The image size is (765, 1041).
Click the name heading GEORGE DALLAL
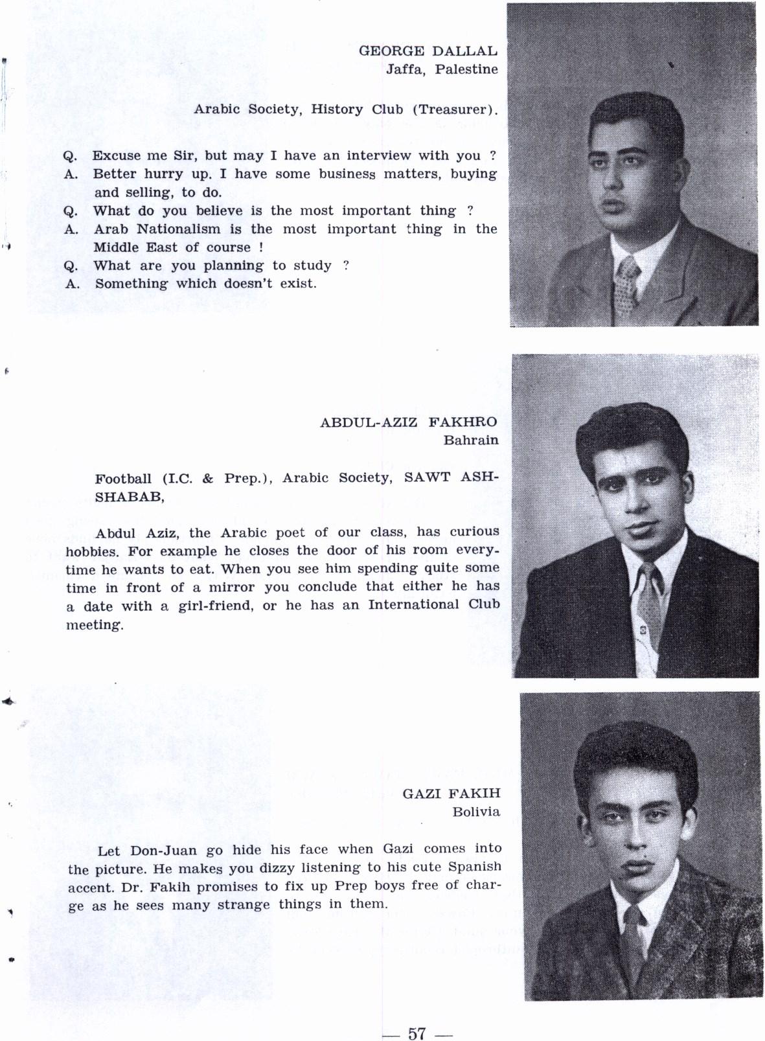428,51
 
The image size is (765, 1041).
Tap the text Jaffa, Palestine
442,69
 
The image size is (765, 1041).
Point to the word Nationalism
178,229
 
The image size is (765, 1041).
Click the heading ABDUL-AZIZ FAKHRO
408,422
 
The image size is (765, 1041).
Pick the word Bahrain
471,440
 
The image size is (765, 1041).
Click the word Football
123,479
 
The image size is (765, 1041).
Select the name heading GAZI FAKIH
451,794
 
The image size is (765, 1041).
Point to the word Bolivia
476,812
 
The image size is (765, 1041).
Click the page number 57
416,1033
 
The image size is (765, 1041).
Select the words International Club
434,605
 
